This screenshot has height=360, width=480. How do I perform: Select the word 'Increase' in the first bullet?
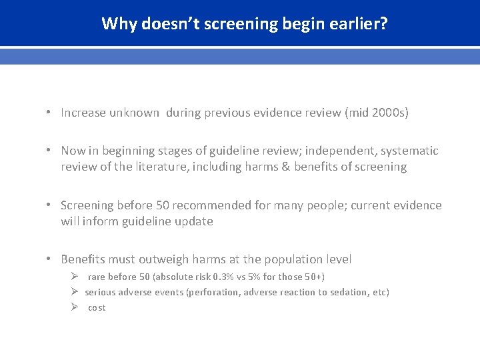point(83,113)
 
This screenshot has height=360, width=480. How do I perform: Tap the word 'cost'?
point(97,307)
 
